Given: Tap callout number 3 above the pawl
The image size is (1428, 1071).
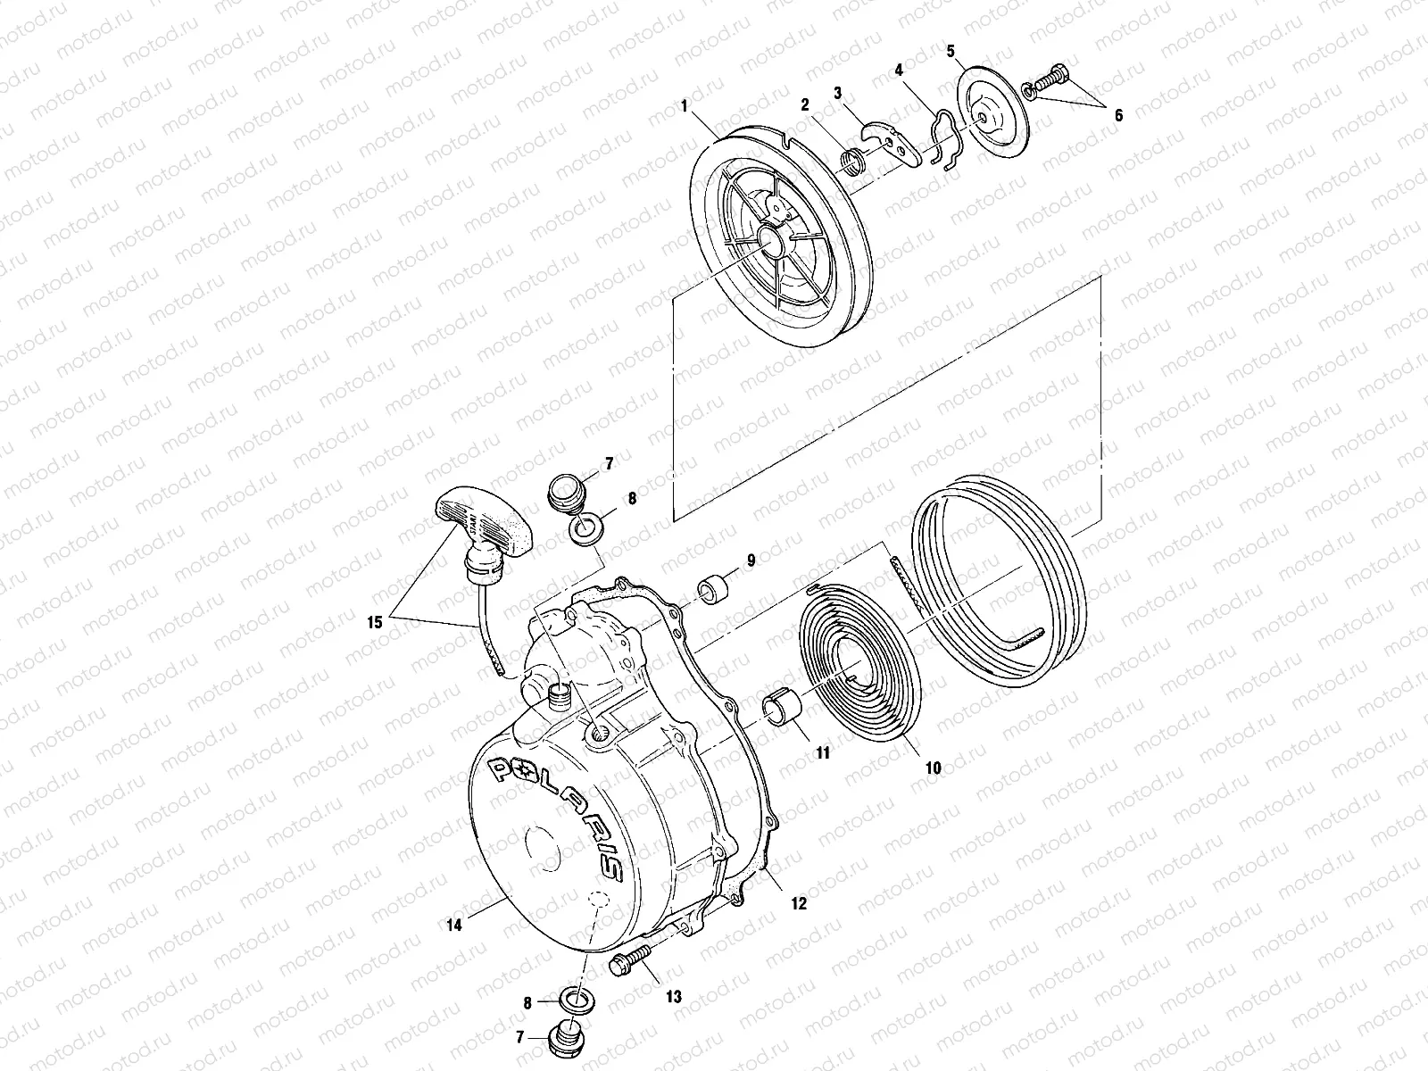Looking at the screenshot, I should coord(837,92).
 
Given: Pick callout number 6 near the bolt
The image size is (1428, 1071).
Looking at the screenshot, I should coord(1118,116).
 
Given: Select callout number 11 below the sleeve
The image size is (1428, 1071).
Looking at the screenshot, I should coord(823,753).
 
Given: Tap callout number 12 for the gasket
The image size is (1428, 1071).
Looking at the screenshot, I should coord(798,903).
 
